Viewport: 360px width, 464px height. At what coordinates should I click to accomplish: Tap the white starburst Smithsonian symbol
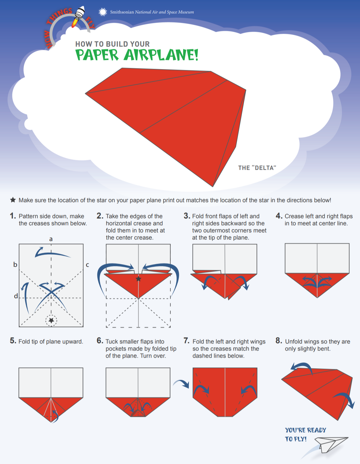103,12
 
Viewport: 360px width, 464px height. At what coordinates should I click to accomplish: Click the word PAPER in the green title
97,55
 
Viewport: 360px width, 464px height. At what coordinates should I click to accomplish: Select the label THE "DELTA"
257,168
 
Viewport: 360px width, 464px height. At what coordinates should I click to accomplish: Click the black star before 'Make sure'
13,200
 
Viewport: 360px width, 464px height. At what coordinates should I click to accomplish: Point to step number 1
13,216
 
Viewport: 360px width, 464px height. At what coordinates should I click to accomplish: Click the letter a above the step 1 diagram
51,239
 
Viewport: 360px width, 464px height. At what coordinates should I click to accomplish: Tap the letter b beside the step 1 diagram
15,264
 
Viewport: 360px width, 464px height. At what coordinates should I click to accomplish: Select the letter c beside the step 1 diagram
87,265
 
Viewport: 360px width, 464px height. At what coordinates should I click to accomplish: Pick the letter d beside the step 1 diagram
16,296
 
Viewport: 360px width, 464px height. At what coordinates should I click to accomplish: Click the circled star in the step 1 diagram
51,320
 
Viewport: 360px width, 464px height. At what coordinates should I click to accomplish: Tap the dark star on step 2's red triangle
138,279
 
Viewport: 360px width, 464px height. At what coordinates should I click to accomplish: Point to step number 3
187,216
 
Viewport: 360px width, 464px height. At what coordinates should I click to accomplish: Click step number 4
279,216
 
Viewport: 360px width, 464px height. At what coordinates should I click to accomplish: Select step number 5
13,340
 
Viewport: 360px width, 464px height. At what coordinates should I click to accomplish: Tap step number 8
279,340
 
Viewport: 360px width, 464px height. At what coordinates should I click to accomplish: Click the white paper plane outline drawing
331,444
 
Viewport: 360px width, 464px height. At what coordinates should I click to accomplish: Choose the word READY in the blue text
316,430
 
